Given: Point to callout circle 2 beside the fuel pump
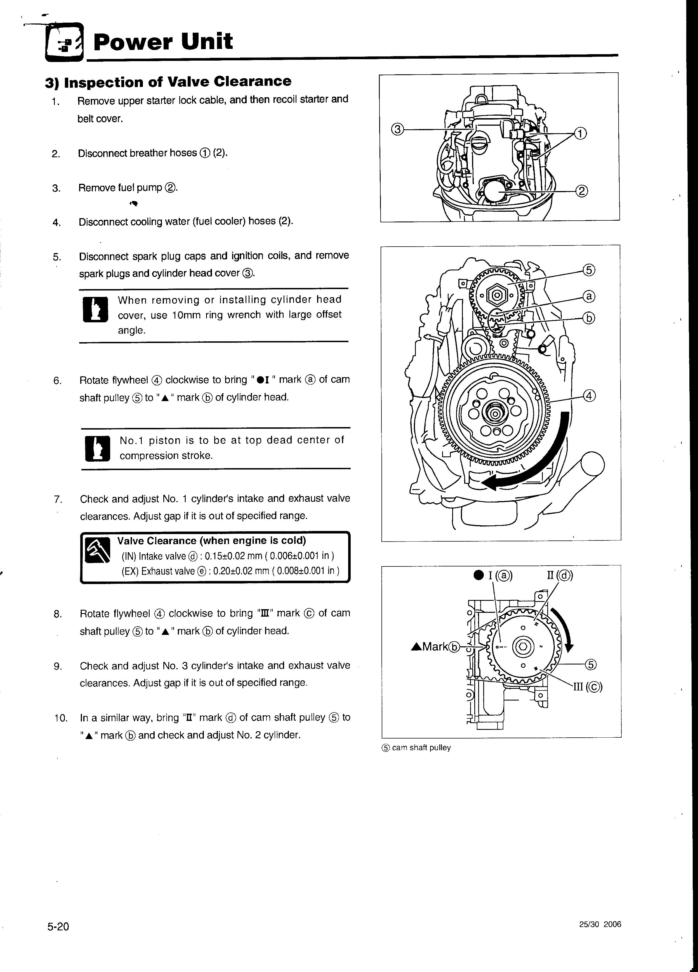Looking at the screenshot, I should click(x=581, y=191).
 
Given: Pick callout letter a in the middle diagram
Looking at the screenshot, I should click(x=589, y=296).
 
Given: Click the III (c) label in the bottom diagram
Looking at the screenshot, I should click(x=588, y=687).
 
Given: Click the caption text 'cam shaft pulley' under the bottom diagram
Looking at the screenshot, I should click(x=421, y=748).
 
